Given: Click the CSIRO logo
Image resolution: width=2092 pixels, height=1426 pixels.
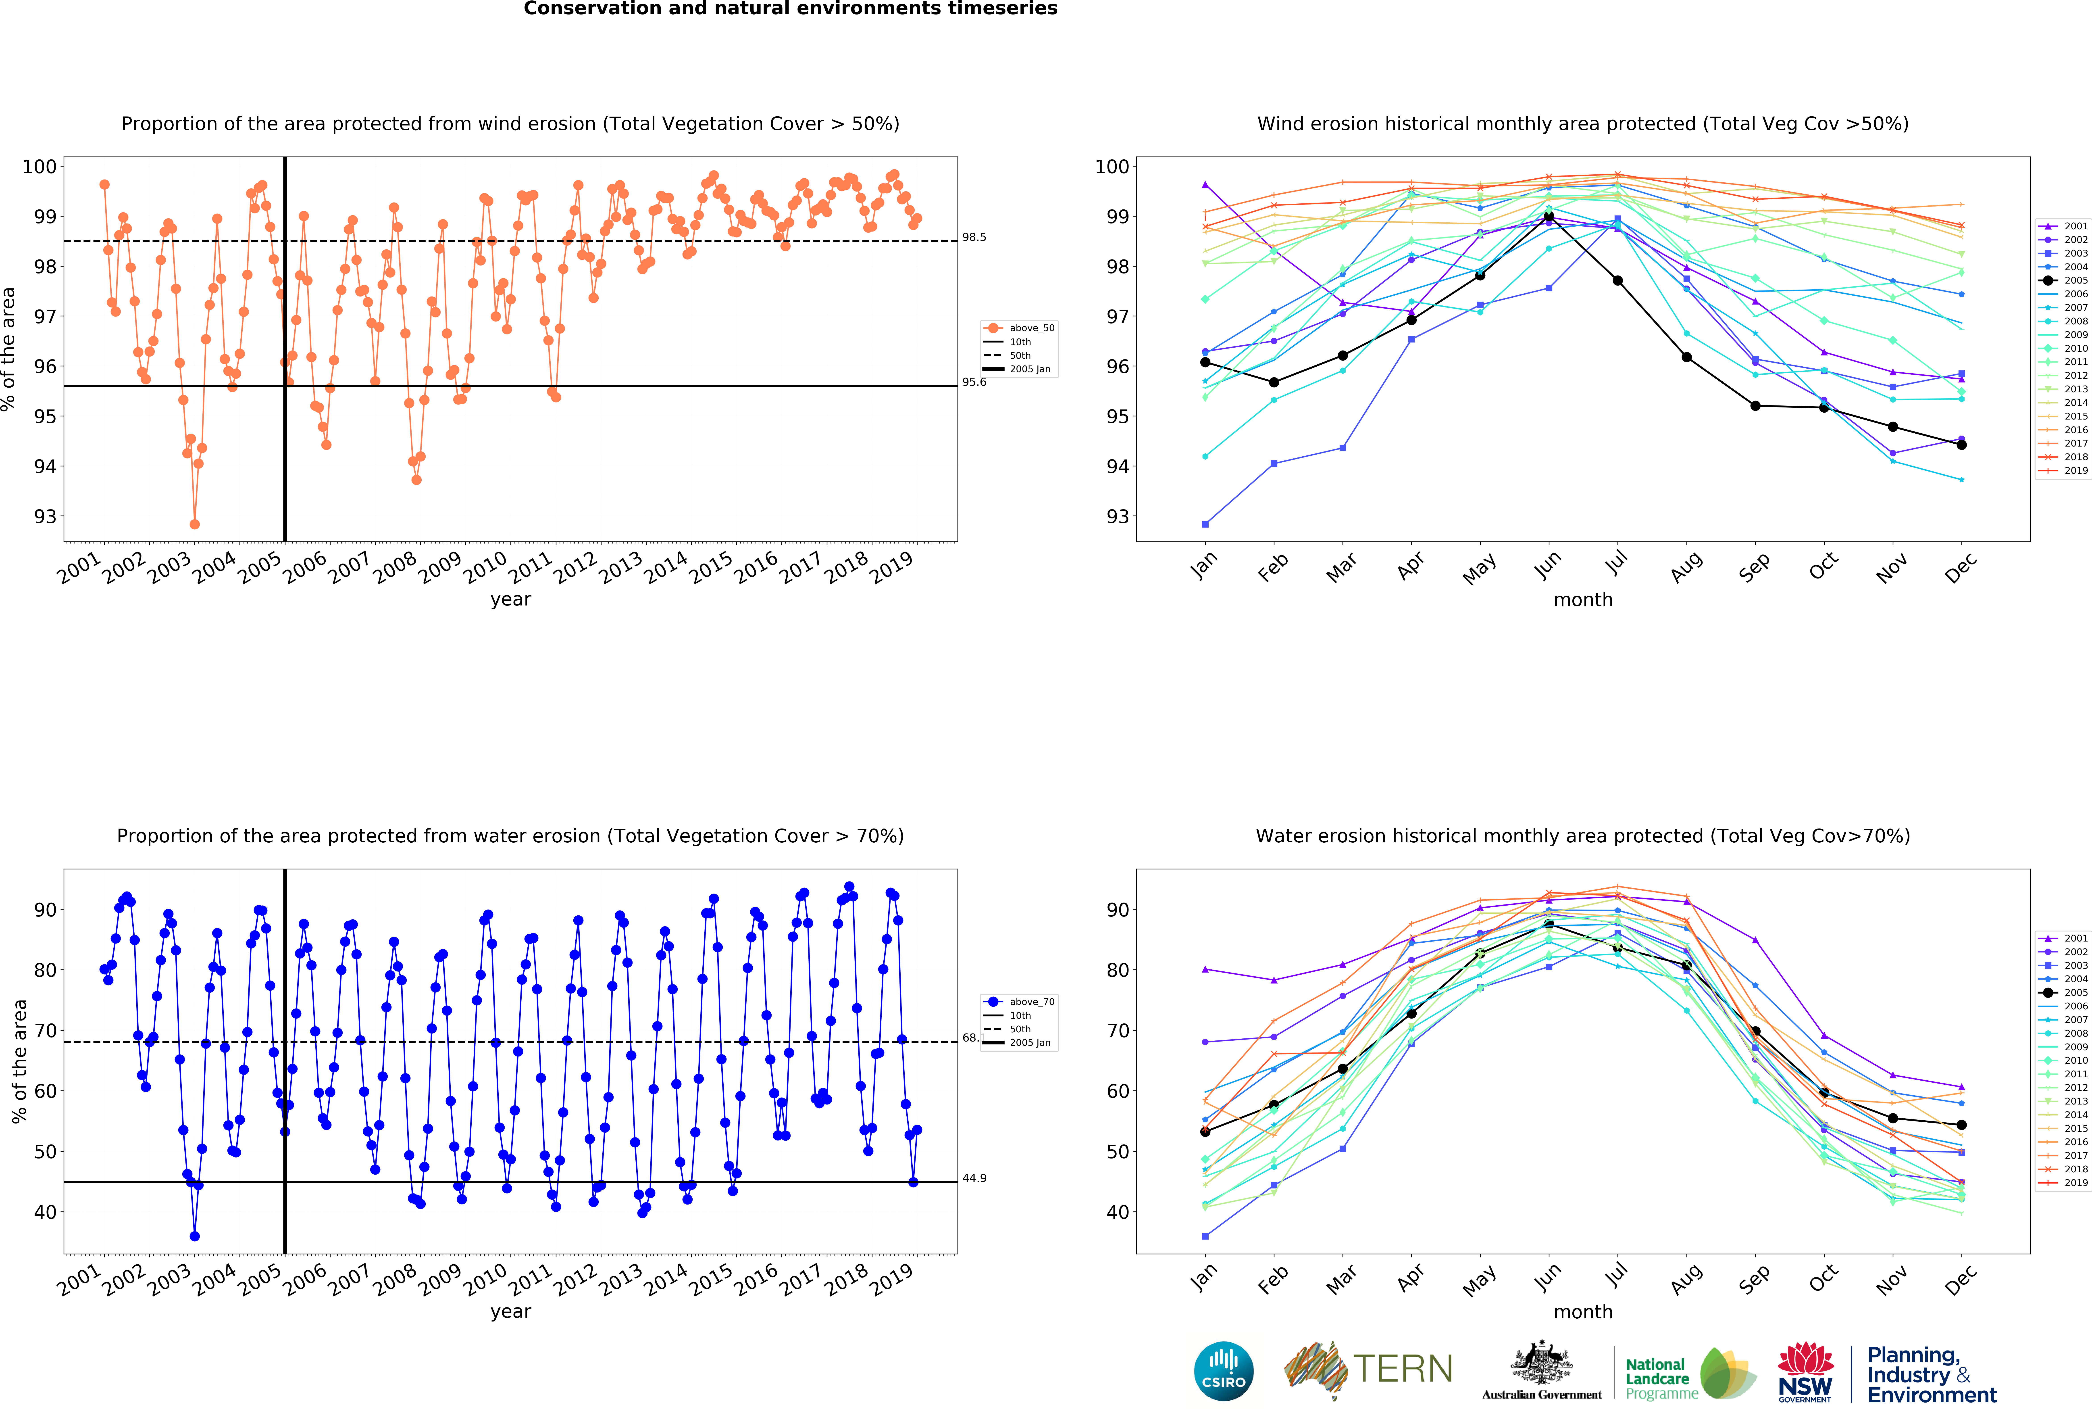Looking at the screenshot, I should (x=1223, y=1371).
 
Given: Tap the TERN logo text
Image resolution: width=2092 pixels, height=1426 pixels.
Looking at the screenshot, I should (x=1403, y=1369).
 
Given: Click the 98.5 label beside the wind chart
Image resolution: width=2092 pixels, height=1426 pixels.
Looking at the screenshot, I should (x=974, y=238).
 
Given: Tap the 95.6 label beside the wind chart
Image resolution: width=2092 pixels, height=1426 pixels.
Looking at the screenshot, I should (x=974, y=383).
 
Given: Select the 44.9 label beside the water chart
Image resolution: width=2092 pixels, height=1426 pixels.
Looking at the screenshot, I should (x=974, y=1178).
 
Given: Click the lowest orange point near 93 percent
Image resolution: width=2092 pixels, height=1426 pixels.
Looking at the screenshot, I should (x=194, y=524).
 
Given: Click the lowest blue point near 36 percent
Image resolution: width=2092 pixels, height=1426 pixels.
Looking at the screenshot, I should (x=194, y=1236).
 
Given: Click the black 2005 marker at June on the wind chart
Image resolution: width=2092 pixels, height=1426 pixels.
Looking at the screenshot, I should (x=1549, y=217).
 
